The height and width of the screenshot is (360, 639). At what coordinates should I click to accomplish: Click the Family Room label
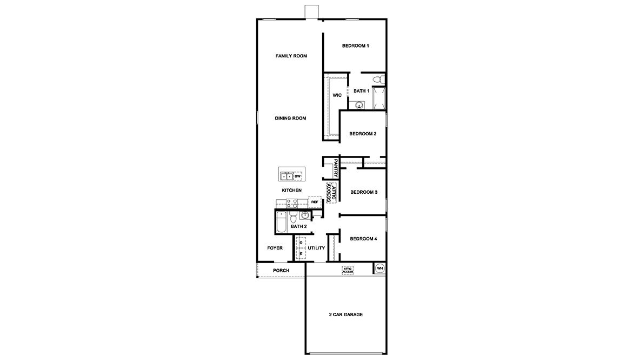click(x=291, y=56)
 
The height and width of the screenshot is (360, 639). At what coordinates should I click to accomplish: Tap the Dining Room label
click(x=290, y=118)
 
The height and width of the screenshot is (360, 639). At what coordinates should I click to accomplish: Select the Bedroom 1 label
click(x=355, y=45)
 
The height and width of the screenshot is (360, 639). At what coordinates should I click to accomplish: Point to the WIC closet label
click(x=337, y=95)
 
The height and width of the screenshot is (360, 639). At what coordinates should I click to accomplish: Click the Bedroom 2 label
click(x=362, y=134)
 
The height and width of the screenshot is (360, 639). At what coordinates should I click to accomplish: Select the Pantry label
click(x=336, y=168)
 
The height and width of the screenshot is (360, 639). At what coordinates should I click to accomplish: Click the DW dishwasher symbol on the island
click(x=297, y=176)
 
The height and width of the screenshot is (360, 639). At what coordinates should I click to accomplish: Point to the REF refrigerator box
click(x=314, y=202)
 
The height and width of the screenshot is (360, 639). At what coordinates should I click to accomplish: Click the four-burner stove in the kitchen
click(x=291, y=203)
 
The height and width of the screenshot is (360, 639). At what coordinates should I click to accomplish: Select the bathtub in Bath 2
click(x=281, y=222)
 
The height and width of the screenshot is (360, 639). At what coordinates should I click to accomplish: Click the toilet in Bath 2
click(x=292, y=218)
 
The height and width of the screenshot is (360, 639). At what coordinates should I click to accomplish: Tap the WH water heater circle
click(x=380, y=268)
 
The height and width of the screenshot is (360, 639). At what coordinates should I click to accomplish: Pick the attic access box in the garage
click(x=347, y=270)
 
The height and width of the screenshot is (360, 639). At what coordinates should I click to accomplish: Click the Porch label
click(x=281, y=270)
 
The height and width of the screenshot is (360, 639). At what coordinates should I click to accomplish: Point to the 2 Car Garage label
click(x=345, y=315)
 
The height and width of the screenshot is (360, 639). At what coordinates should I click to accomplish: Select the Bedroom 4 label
click(x=363, y=239)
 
